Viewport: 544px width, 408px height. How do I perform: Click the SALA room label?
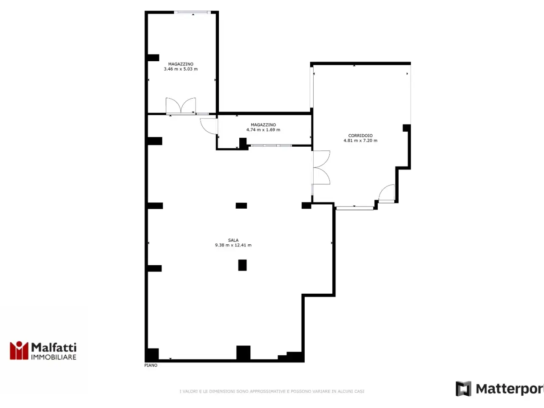(233, 240)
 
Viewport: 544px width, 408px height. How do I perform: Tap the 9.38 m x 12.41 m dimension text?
(233, 245)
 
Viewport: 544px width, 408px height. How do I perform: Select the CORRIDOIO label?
(360, 136)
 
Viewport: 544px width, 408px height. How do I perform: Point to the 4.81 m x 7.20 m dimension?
(360, 140)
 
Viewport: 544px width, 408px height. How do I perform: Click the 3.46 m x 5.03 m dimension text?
(181, 69)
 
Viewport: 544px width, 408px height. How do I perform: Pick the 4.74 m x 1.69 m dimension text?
(263, 130)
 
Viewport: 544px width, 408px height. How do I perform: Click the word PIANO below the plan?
(151, 365)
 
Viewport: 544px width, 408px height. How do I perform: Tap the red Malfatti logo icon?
(19, 350)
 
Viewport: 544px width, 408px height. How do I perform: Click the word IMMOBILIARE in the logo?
(54, 357)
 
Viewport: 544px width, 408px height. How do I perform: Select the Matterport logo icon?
(463, 389)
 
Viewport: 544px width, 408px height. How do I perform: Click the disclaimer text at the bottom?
(272, 391)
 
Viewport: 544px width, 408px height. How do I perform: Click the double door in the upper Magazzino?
(181, 106)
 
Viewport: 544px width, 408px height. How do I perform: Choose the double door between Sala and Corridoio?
(321, 167)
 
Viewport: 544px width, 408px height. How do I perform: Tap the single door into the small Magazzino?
(209, 126)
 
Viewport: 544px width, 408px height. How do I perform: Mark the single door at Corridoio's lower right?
(387, 193)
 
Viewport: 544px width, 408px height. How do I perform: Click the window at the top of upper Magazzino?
(193, 12)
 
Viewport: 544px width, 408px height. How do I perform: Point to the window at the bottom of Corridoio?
(354, 208)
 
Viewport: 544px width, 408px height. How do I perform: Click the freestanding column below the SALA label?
(242, 265)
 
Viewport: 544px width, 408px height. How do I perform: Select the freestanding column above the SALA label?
(241, 206)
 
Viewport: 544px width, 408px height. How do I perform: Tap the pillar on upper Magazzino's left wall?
(153, 58)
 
